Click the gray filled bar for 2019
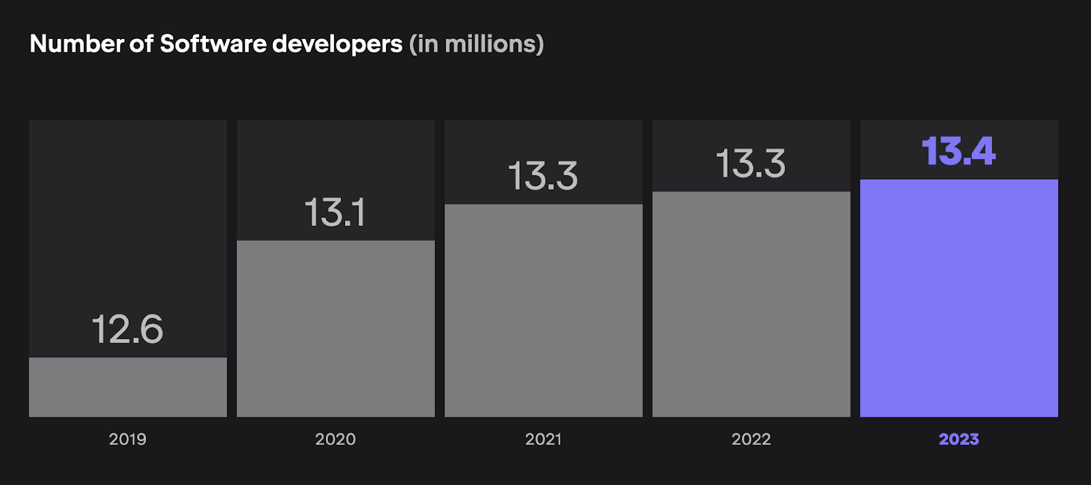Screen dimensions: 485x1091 [x=128, y=387]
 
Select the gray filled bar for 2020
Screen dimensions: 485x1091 [x=335, y=328]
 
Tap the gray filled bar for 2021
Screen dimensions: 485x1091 [x=543, y=310]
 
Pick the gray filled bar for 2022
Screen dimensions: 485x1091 [x=751, y=304]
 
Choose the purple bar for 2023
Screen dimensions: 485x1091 [x=959, y=298]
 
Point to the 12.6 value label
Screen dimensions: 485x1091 [x=128, y=329]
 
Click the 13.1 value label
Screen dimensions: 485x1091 [x=335, y=212]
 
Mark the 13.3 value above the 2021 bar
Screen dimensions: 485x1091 [x=543, y=176]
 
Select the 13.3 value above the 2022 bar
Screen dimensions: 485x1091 [x=751, y=164]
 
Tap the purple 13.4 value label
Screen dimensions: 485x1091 [x=959, y=151]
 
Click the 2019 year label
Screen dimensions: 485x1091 [x=128, y=439]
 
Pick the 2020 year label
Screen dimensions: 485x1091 [x=335, y=439]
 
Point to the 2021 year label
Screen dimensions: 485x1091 [x=543, y=439]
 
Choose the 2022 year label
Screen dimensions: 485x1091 [x=751, y=439]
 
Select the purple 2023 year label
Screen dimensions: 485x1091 [x=959, y=439]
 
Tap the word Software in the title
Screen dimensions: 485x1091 [x=213, y=44]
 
